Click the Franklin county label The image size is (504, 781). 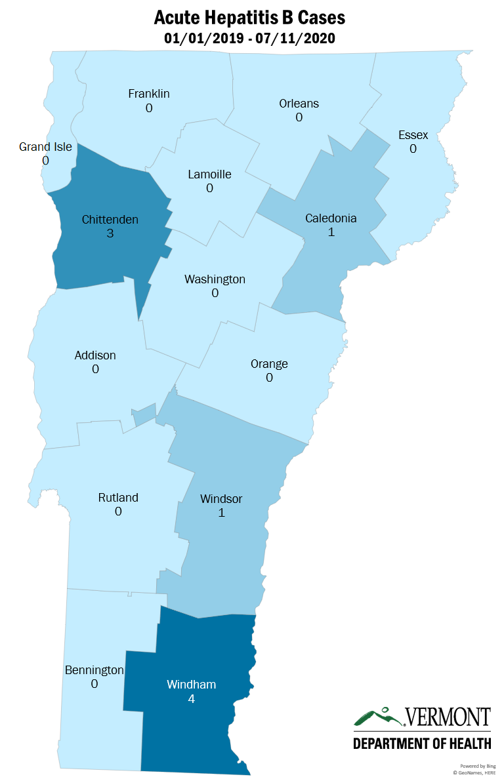tap(149, 94)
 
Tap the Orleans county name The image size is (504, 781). tap(299, 104)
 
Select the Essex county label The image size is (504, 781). tap(413, 135)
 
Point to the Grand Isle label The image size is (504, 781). tap(45, 146)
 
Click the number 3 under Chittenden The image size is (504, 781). tap(110, 233)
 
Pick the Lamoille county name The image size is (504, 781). tap(209, 174)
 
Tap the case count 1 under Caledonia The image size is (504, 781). tap(331, 232)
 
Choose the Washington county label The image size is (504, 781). tap(215, 279)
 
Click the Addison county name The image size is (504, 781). tap(95, 355)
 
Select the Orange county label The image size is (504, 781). tap(269, 364)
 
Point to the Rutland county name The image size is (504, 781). tap(118, 498)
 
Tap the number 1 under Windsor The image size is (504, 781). tap(221, 513)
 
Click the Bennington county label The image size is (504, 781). tap(94, 670)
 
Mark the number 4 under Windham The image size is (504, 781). tap(191, 699)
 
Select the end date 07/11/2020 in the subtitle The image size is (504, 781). tap(298, 39)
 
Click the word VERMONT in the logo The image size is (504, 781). tap(448, 717)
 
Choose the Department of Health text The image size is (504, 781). tap(422, 743)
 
